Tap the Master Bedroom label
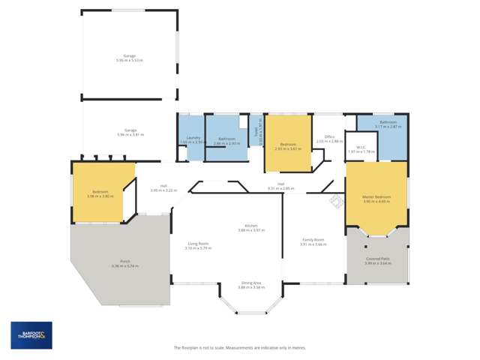coord(377,196)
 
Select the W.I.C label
coord(360,147)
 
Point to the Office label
coord(329,136)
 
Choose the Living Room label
coord(198,243)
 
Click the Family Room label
coord(313,239)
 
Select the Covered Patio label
coord(377,258)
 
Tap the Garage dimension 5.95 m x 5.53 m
coord(130,60)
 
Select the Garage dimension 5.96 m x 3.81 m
coord(130,134)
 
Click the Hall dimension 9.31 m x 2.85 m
coord(280,188)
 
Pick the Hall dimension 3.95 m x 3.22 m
coord(163,190)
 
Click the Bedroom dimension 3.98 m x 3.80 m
coord(100,196)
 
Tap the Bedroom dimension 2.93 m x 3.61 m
coord(289,149)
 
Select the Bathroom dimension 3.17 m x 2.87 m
coord(388,127)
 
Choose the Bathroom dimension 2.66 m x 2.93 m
coord(226,142)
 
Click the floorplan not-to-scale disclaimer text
coord(239,348)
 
